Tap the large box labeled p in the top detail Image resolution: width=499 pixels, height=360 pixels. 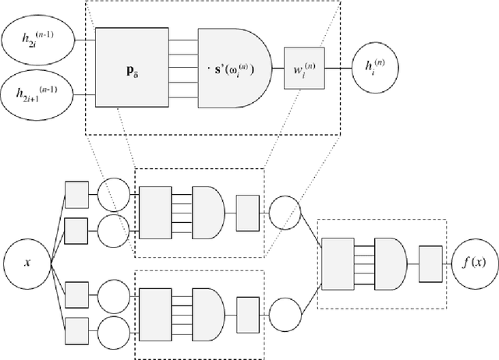tap(132, 69)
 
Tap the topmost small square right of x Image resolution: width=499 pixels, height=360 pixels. tap(76, 195)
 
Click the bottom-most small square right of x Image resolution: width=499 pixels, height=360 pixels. tap(76, 330)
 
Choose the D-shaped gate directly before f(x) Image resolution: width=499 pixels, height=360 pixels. tap(390, 261)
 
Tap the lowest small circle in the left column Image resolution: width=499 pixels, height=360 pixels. tap(113, 330)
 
